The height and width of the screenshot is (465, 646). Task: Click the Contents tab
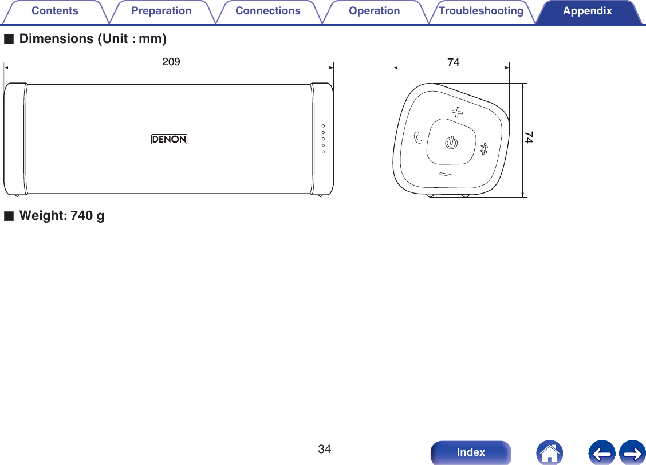[55, 11]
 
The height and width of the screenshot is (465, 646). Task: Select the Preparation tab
[161, 11]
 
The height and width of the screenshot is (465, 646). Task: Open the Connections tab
[267, 11]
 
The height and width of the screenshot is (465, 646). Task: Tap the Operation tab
[375, 11]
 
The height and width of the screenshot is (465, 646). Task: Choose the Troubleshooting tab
[481, 11]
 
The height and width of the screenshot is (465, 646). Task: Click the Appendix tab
[587, 11]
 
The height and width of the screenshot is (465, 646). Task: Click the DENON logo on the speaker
[170, 139]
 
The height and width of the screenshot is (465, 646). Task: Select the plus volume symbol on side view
[456, 111]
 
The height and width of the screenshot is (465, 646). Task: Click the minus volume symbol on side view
[445, 174]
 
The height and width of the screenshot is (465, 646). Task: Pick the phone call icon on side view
[418, 137]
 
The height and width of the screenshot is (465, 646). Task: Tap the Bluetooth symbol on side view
[483, 149]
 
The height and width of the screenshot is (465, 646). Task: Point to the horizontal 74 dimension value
[453, 62]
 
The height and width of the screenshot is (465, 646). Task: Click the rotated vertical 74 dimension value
[529, 137]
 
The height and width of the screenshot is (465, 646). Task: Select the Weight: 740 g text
[62, 216]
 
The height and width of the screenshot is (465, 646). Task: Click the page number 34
[325, 448]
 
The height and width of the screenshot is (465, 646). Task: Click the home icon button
[549, 452]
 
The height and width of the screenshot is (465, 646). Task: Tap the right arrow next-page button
[632, 452]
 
